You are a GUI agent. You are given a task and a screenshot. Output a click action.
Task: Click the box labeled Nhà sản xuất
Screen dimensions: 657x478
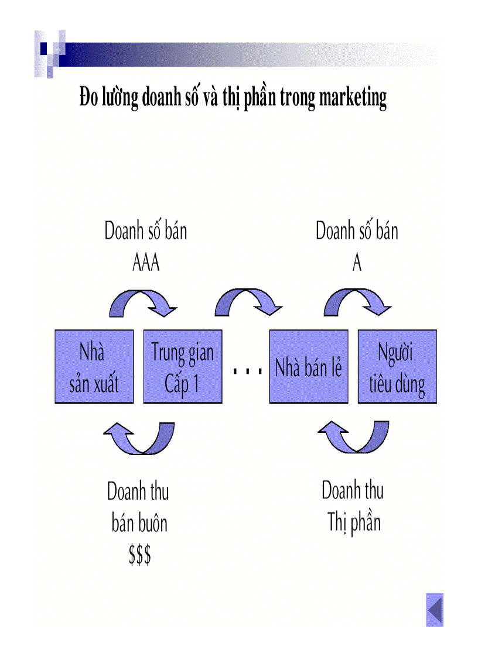pos(94,367)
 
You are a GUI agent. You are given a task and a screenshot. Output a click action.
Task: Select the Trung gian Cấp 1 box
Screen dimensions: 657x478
pos(183,367)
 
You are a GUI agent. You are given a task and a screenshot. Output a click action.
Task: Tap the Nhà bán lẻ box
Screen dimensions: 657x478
pos(309,367)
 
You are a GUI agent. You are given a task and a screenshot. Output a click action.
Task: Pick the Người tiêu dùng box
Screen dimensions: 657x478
pos(397,367)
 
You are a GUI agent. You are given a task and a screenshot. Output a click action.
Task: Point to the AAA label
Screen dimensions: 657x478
pos(146,264)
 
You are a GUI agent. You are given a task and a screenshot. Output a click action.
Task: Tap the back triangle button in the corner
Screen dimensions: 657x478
pos(435,610)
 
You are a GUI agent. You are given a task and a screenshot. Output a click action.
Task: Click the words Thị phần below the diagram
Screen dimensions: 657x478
pos(354,522)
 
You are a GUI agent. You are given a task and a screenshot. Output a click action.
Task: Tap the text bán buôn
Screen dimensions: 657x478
pos(139,522)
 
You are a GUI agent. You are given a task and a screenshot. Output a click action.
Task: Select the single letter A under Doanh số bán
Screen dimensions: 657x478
pos(357,264)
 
